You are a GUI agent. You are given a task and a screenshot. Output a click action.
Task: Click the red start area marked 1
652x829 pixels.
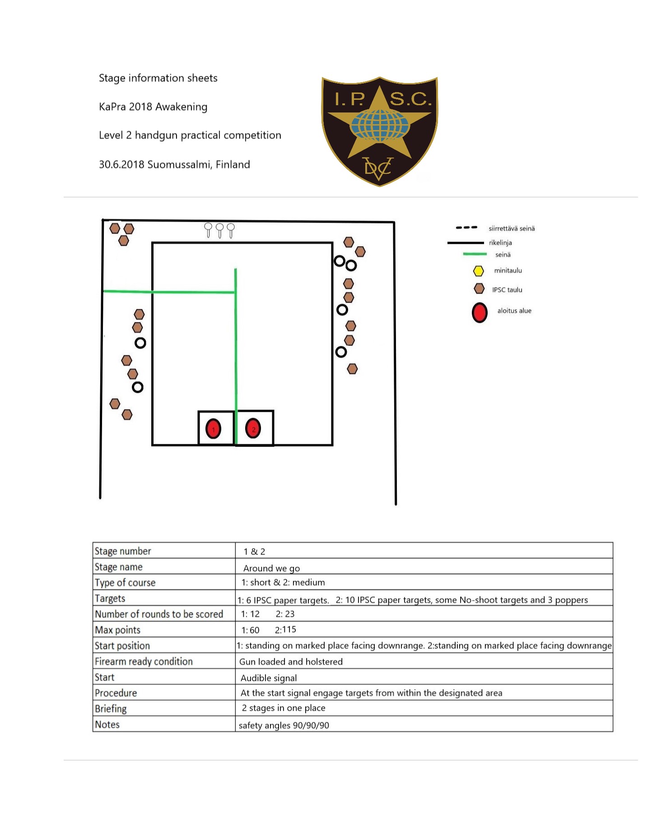click(x=213, y=428)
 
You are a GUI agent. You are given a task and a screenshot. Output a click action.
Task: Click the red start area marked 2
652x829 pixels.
click(x=253, y=428)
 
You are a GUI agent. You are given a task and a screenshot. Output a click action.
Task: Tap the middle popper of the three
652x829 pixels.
click(x=219, y=229)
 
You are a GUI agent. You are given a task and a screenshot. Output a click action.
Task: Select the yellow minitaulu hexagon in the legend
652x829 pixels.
click(x=478, y=271)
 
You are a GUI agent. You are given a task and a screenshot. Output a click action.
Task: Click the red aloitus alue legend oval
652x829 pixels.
click(x=480, y=312)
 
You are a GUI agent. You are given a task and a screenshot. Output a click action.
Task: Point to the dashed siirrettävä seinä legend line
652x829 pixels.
click(x=466, y=228)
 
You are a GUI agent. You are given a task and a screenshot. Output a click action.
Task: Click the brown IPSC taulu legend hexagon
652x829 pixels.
click(x=479, y=289)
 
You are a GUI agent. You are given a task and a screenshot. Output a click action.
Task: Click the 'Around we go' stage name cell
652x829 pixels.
click(x=271, y=568)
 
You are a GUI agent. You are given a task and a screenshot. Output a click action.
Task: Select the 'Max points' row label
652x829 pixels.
click(x=117, y=630)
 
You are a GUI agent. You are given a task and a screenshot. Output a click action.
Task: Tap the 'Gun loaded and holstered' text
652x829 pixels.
click(x=291, y=661)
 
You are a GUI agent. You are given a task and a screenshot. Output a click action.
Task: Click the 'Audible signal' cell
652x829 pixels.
click(x=269, y=678)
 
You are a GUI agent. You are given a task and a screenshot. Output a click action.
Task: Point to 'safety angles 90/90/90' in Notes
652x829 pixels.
click(x=284, y=725)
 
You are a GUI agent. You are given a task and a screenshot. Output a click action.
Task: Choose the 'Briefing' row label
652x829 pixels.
click(x=111, y=708)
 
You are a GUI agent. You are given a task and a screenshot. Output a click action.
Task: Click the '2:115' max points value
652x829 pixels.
click(x=285, y=629)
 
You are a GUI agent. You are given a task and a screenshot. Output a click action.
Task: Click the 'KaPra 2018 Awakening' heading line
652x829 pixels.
click(x=153, y=107)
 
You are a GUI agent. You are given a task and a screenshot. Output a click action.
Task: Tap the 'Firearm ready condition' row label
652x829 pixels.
click(x=144, y=661)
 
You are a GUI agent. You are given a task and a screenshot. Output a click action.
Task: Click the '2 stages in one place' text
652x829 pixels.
click(x=284, y=708)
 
